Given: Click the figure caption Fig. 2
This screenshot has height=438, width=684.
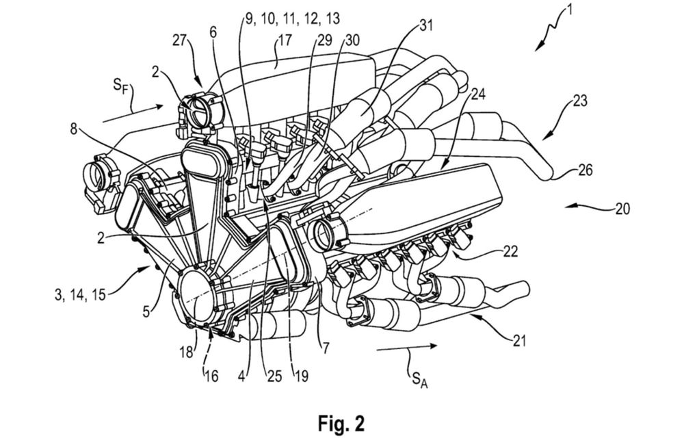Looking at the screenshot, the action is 341,423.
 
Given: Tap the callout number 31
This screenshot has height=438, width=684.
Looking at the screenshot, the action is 425,25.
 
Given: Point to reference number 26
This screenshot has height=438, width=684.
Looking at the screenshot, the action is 586,170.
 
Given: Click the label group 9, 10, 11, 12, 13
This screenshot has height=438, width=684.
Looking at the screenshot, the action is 292,18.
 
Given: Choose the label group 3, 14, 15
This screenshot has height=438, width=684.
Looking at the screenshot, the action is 81,294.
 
